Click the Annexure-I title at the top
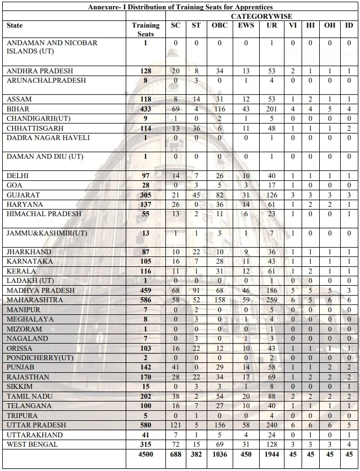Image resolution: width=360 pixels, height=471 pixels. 180,7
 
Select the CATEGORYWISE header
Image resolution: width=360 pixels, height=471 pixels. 261,17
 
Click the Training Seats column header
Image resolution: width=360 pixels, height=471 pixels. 146,29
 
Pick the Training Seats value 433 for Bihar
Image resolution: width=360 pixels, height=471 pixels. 146,109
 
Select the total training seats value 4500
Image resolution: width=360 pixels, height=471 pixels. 146,454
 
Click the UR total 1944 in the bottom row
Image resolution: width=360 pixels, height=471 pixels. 271,454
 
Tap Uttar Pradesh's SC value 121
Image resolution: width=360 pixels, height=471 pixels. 175,425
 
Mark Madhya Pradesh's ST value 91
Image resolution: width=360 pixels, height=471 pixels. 196,291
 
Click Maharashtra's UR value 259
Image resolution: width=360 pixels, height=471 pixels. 271,300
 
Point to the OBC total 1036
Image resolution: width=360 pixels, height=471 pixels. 219,454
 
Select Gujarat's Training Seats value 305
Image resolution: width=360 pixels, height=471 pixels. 146,195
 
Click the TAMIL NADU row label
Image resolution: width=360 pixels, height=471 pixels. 29,397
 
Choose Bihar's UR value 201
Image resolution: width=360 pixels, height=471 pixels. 271,109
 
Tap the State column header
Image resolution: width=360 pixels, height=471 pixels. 15,26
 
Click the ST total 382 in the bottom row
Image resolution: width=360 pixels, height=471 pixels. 196,454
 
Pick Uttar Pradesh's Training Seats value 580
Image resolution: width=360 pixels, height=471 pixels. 146,425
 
